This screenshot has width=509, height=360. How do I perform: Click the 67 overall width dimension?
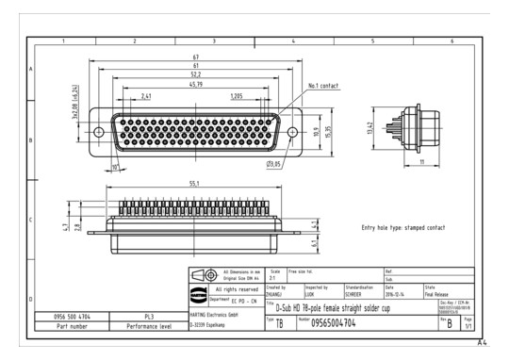pyautogui.click(x=196, y=58)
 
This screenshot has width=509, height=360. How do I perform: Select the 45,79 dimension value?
pyautogui.click(x=195, y=86)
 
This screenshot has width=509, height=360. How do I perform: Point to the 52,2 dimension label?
pyautogui.click(x=195, y=76)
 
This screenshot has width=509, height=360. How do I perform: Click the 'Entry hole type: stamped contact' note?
pyautogui.click(x=403, y=228)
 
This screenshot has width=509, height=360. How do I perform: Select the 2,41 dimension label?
pyautogui.click(x=147, y=95)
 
